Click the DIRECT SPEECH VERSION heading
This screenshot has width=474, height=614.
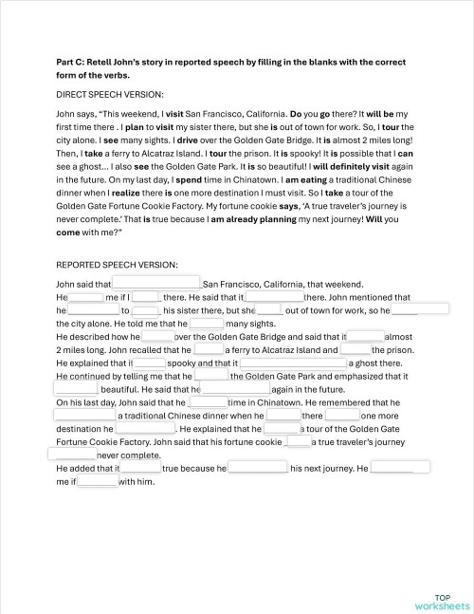110,95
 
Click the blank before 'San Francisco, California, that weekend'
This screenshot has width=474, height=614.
157,283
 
